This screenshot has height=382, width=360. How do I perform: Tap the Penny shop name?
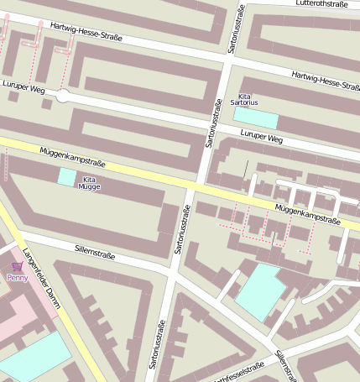(17, 277)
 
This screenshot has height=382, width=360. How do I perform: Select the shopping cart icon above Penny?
(17, 266)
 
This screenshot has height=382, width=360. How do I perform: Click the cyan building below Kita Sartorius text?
(255, 118)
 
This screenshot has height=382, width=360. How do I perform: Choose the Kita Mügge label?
(89, 184)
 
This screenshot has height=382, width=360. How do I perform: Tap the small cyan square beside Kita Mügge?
(66, 176)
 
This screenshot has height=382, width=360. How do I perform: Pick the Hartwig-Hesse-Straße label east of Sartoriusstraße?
(326, 81)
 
